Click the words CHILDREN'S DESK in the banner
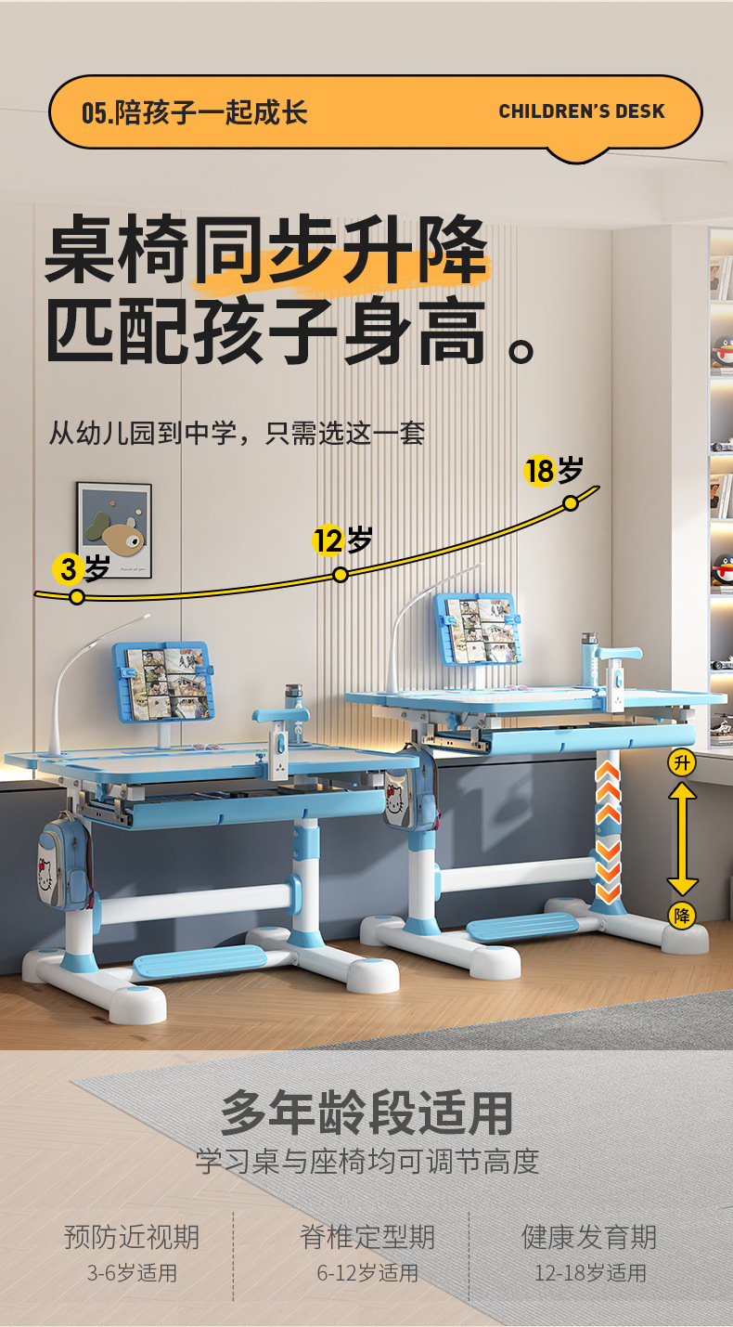[x=581, y=111]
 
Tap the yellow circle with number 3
[x=68, y=568]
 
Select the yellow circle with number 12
[x=328, y=540]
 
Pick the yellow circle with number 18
[x=539, y=471]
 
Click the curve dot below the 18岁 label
[x=571, y=502]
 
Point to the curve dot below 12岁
[x=341, y=575]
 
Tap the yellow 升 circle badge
[x=682, y=763]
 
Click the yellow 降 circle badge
[x=682, y=915]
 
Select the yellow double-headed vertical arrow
[x=683, y=839]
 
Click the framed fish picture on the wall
[x=114, y=529]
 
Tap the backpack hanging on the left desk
[x=62, y=859]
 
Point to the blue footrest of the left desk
[x=199, y=962]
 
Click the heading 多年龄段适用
[x=366, y=1112]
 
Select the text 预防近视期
[x=131, y=1237]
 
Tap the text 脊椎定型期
[x=366, y=1237]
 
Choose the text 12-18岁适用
[x=589, y=1272]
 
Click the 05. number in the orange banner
[x=96, y=113]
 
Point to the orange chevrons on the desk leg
[x=608, y=831]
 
